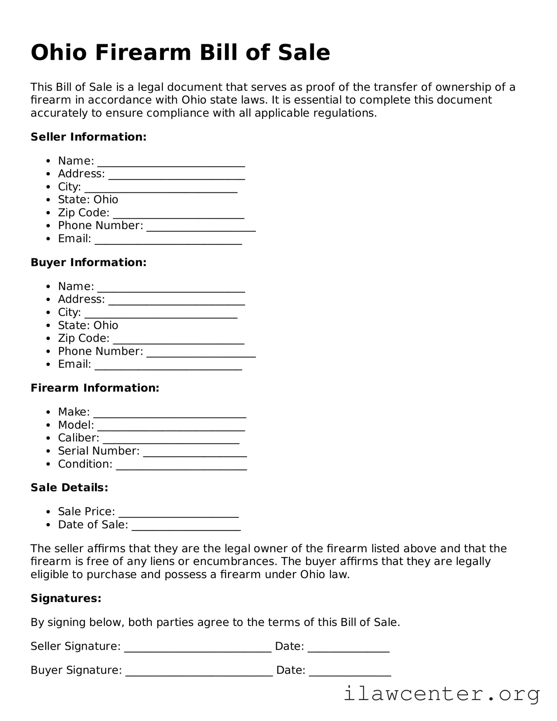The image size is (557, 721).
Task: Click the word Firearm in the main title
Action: [143, 53]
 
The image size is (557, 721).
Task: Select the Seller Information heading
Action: [89, 137]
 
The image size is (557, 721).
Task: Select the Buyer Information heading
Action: [89, 262]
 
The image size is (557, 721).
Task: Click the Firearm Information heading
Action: [95, 388]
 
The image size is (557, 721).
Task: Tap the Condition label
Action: [85, 464]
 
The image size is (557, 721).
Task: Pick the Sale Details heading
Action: [69, 488]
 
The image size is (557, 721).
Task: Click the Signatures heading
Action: [66, 598]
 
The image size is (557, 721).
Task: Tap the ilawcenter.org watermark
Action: [442, 694]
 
